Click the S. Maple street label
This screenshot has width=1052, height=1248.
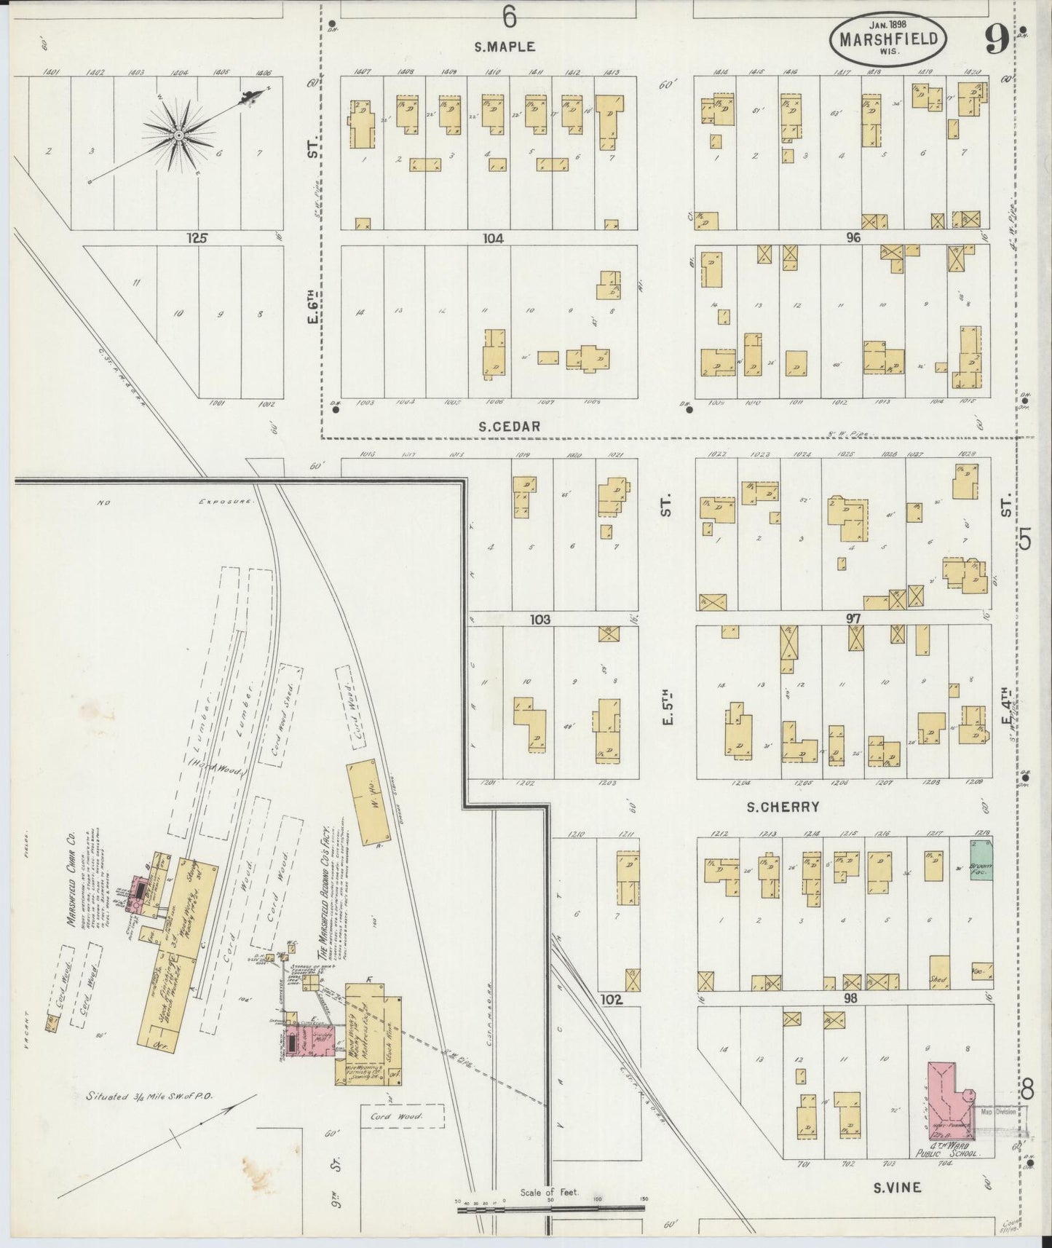(505, 47)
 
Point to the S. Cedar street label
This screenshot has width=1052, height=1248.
(509, 427)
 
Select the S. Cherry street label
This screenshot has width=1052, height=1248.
(783, 807)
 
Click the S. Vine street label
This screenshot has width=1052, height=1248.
(897, 1187)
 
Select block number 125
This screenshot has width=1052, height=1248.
(197, 237)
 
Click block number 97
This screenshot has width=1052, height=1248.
(853, 619)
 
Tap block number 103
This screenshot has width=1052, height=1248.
(539, 620)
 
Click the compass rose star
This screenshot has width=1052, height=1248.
(178, 135)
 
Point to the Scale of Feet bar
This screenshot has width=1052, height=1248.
(550, 1208)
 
